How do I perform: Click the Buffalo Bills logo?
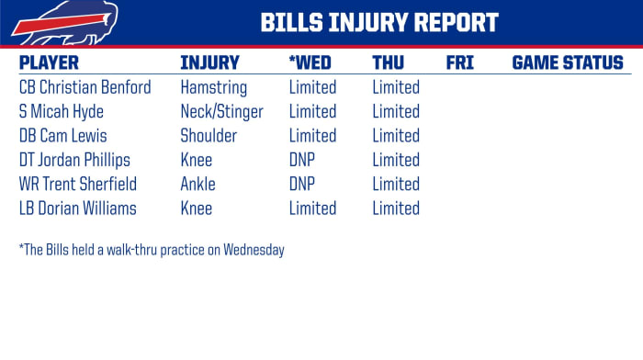click(52, 22)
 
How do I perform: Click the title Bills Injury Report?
click(379, 22)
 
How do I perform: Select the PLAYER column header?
click(49, 63)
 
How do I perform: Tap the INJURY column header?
click(209, 63)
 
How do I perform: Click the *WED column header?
click(310, 63)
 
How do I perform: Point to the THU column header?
click(389, 63)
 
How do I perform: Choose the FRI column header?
click(459, 63)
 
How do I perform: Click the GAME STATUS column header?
click(567, 63)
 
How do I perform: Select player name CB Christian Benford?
click(85, 88)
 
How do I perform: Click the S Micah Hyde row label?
click(61, 112)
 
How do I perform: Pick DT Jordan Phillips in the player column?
click(74, 161)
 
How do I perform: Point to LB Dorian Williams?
click(77, 208)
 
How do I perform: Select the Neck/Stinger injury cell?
click(221, 112)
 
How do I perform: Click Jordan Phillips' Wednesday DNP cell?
click(302, 161)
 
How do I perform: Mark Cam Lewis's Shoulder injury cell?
click(209, 136)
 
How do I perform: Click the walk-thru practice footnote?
click(151, 250)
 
